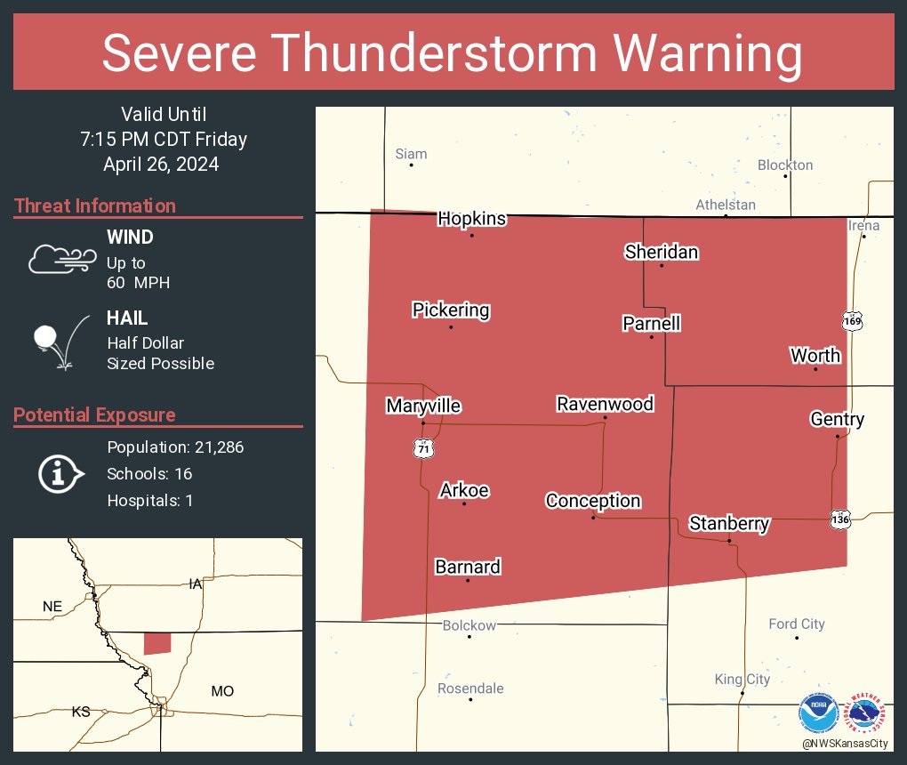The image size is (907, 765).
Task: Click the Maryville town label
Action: pyautogui.click(x=423, y=407)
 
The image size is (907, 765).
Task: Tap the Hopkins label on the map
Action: pyautogui.click(x=471, y=219)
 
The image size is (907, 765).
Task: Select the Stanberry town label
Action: pyautogui.click(x=728, y=524)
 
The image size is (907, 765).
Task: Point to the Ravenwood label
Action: pyautogui.click(x=605, y=405)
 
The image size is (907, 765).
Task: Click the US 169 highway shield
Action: pyautogui.click(x=854, y=320)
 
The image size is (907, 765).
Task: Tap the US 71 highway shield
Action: pyautogui.click(x=423, y=450)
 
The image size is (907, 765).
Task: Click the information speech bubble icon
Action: pyautogui.click(x=60, y=473)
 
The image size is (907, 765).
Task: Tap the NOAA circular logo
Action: pyautogui.click(x=818, y=713)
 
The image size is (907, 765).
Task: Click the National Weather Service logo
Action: pyautogui.click(x=867, y=713)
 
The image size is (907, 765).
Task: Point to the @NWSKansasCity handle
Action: pyautogui.click(x=844, y=743)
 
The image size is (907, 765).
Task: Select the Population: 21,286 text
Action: pyautogui.click(x=175, y=447)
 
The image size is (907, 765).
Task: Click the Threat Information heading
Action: pyautogui.click(x=95, y=206)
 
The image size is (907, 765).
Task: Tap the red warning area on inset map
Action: pyautogui.click(x=157, y=643)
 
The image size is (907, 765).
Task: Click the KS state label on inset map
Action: pyautogui.click(x=81, y=713)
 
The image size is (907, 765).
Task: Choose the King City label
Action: pyautogui.click(x=742, y=680)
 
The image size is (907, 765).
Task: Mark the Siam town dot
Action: pyautogui.click(x=411, y=165)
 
